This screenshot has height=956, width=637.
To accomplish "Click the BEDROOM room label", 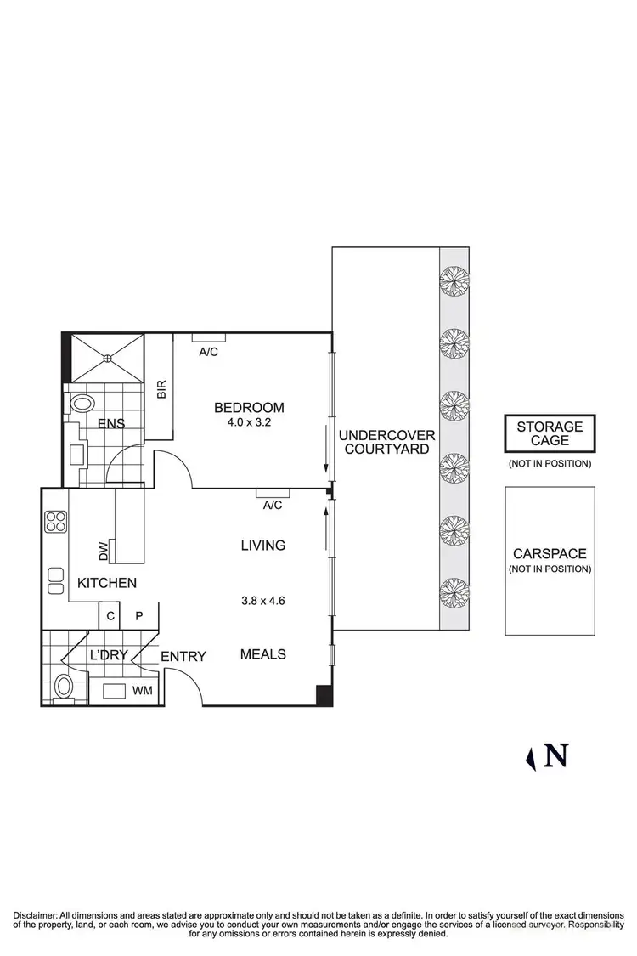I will coord(249,407).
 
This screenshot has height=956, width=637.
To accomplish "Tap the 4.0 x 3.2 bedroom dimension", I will coord(249,421).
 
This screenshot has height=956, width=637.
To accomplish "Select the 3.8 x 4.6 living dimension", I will coord(262,600).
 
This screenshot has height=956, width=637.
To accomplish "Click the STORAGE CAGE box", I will coord(550,434).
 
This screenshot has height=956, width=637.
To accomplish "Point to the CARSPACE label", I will coord(550,553).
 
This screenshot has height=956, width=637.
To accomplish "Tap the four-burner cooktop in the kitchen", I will coord(56,521).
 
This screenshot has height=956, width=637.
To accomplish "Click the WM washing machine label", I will coord(142,690).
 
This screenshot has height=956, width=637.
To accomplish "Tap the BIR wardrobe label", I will coord(161,389).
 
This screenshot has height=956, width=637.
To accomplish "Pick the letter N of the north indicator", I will coord(556,755).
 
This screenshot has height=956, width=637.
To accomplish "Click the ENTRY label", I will coord(183,655).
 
